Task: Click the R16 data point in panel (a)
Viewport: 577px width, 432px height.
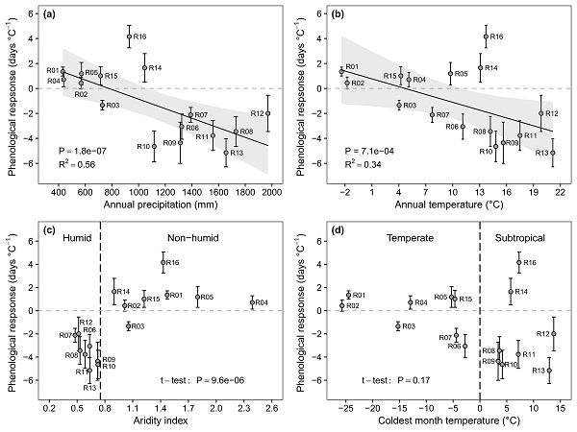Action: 129,36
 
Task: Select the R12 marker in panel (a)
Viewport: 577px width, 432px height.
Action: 268,113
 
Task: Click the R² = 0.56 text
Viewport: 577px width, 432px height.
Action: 80,164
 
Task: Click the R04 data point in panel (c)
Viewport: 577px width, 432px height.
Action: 252,302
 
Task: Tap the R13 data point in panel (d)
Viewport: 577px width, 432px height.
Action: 550,370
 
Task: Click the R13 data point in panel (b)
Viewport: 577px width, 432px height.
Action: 553,152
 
